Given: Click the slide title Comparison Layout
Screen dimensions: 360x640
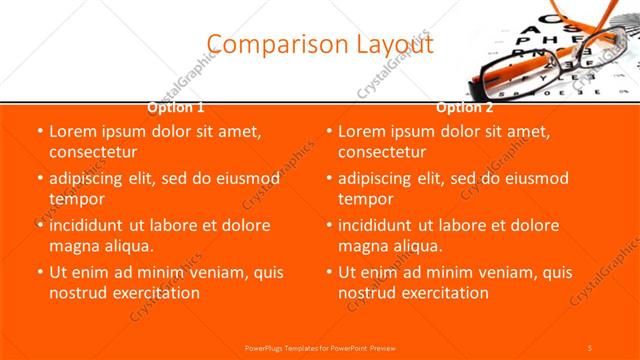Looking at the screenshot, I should [320, 45].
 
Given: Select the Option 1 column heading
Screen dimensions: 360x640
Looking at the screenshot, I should [176, 106].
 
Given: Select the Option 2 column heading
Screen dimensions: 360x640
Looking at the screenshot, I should [464, 106].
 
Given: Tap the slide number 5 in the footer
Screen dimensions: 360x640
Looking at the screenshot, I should [590, 347].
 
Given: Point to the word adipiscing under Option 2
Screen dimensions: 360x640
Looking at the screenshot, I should [376, 178].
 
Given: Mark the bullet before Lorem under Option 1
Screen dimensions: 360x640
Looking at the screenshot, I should [38, 132].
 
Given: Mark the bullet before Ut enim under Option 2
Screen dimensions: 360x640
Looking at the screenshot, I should [327, 273].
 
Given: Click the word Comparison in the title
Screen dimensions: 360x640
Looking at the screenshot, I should [265, 45].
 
